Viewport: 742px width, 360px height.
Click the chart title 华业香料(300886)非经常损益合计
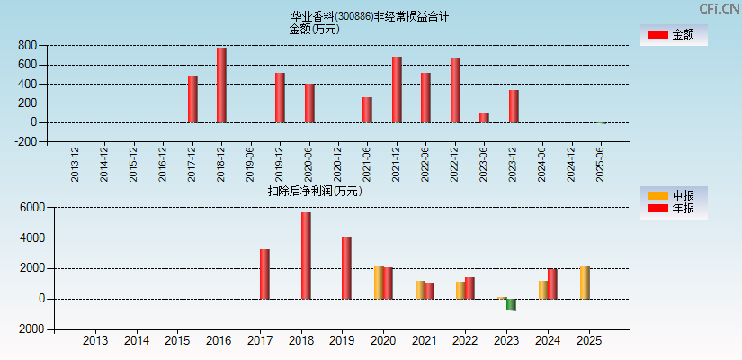[x=370, y=16]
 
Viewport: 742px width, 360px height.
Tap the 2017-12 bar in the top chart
[x=192, y=99]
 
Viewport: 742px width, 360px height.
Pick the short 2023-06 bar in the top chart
[x=484, y=118]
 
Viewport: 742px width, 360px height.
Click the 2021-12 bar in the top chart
[x=397, y=89]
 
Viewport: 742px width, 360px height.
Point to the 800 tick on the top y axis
[x=27, y=45]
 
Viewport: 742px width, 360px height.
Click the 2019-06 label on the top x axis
[x=251, y=163]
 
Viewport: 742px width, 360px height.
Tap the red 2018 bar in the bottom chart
[x=306, y=256]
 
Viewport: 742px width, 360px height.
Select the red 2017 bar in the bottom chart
[x=264, y=274]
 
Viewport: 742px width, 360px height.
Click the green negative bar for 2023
[x=511, y=304]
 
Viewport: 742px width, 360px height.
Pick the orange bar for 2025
[x=585, y=283]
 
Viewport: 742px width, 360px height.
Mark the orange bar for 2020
[x=379, y=283]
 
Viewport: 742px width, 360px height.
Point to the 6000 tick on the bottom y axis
[x=31, y=207]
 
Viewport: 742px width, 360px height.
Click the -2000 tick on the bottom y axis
[x=28, y=329]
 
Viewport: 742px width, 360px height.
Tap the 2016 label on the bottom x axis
[x=219, y=341]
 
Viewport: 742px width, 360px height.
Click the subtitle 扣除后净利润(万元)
[x=315, y=191]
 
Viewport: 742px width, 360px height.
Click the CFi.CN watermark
[x=720, y=8]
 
